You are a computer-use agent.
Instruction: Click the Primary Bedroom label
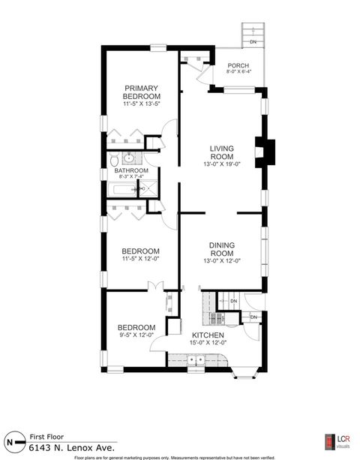click(x=142, y=92)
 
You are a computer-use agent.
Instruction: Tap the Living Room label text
click(x=223, y=152)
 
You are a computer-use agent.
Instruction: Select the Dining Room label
click(x=223, y=250)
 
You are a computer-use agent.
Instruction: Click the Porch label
click(x=238, y=65)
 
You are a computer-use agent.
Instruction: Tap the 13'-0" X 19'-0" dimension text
click(x=223, y=164)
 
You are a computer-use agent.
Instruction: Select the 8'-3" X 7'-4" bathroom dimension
click(x=130, y=178)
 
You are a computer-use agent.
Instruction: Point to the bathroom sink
click(x=127, y=158)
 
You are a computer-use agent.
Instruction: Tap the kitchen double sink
click(x=196, y=361)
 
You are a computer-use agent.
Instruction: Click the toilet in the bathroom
click(x=111, y=160)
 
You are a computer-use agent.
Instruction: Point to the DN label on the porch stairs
click(x=253, y=41)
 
